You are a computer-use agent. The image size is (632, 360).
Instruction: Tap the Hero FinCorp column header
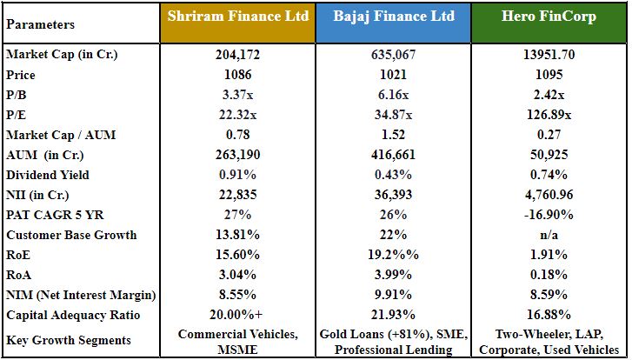[549, 17]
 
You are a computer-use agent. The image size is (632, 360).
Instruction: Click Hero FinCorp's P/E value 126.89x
[549, 115]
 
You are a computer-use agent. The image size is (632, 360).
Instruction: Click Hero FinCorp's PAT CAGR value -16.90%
[549, 215]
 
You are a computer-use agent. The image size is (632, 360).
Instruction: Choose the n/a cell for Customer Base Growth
[549, 235]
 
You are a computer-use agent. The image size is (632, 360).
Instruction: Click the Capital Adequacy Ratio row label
[67, 315]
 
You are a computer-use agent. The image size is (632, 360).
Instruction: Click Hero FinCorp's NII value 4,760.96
[549, 195]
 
